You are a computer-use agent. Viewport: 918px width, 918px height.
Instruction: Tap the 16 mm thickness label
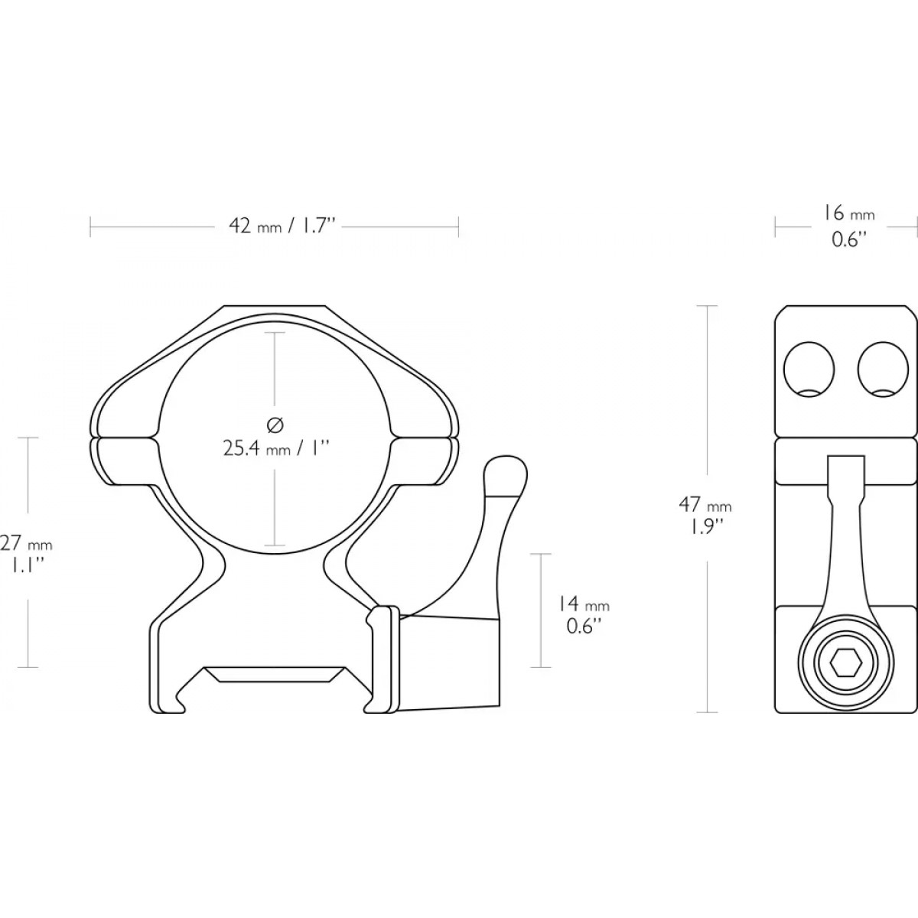click(849, 214)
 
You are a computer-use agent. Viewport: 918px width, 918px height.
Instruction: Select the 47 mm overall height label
click(705, 504)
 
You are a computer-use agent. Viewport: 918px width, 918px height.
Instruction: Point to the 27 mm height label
click(26, 544)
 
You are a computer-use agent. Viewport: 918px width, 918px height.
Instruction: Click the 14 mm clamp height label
click(583, 604)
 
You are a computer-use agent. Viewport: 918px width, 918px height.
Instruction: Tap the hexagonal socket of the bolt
click(845, 662)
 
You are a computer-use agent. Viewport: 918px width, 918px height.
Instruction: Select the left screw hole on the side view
click(809, 369)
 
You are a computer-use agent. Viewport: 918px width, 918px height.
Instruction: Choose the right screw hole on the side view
click(883, 369)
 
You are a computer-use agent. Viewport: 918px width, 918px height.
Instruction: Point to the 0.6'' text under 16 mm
click(848, 239)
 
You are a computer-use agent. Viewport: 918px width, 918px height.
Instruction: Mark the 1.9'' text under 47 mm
click(704, 527)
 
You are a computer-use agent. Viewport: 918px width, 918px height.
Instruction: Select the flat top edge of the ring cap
click(275, 306)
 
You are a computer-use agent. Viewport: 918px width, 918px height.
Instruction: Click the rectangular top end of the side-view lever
click(846, 469)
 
